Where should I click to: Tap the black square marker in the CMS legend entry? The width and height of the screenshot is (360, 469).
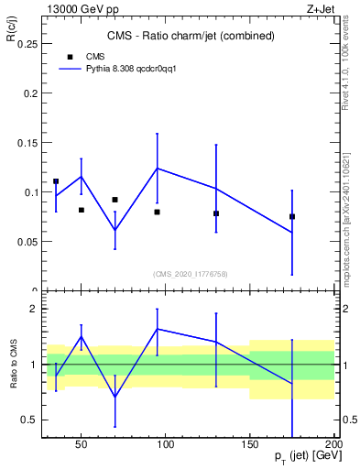tap(71, 56)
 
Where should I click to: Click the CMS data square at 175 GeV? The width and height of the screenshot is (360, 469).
tap(292, 216)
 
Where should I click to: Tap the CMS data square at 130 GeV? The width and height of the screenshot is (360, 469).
tap(216, 213)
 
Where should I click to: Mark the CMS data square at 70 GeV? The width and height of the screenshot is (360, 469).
tap(115, 199)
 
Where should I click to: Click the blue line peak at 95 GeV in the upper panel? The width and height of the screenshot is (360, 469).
tap(158, 168)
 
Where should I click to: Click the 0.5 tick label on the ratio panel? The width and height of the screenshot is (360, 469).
tap(27, 420)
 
